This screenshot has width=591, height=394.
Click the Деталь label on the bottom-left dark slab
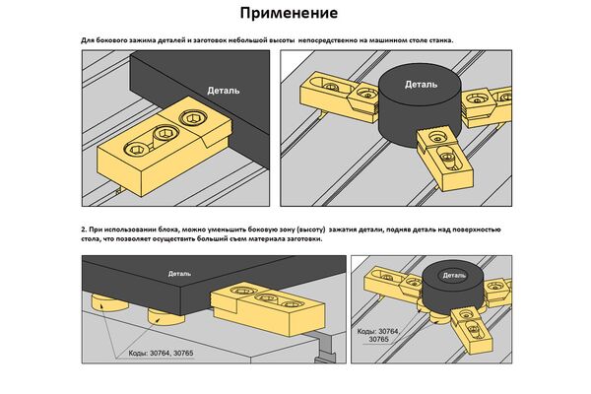point(180,273)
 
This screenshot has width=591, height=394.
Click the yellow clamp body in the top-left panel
point(158,143)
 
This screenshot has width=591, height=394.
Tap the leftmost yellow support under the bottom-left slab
point(104,302)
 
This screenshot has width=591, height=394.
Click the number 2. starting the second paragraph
point(84,227)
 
